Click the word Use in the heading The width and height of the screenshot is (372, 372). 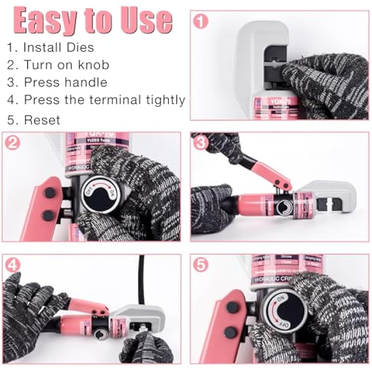point(147,21)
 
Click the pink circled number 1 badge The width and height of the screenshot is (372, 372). point(200,21)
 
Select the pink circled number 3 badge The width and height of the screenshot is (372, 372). point(200,143)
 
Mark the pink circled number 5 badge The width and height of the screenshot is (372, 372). point(200,265)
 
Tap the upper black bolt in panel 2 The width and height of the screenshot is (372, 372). point(50,193)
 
